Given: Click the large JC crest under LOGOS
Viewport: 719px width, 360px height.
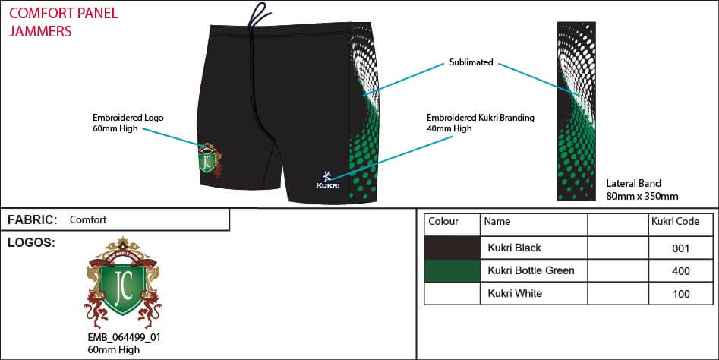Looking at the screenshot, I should [124, 283].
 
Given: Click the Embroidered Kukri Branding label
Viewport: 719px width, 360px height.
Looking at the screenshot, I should [480, 123].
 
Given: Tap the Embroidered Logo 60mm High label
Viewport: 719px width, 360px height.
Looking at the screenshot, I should [128, 123].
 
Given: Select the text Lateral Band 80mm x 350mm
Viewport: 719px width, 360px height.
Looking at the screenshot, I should [642, 190].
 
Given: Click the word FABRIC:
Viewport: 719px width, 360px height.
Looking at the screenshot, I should [33, 219].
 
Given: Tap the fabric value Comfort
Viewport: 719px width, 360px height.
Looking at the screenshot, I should [88, 220].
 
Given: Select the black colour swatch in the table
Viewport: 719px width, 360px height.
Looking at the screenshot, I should [452, 248].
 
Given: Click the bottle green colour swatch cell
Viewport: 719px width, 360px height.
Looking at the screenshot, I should [452, 270].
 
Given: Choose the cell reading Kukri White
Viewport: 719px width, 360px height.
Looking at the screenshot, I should [515, 293].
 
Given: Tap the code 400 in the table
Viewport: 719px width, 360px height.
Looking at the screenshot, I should [681, 270].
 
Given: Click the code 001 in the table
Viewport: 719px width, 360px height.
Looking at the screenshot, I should [681, 248].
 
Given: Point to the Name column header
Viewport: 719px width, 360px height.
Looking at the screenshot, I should [497, 222].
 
